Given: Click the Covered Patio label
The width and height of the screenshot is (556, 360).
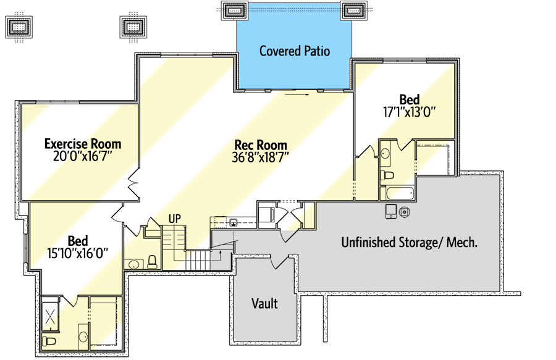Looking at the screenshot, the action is pyautogui.click(x=295, y=51).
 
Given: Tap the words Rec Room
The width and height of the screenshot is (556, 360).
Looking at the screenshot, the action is pyautogui.click(x=261, y=145).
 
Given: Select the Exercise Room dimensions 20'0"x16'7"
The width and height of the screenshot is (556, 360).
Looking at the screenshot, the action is pyautogui.click(x=83, y=156).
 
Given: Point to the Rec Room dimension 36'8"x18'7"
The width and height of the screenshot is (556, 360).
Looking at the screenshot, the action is pyautogui.click(x=261, y=157).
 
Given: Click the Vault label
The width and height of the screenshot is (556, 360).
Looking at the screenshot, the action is pyautogui.click(x=264, y=304).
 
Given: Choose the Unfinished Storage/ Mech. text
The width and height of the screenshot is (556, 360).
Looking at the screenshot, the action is pyautogui.click(x=409, y=242).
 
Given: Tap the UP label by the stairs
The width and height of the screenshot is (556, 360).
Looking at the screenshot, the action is pyautogui.click(x=174, y=219).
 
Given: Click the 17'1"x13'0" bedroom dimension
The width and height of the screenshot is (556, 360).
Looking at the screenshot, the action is pyautogui.click(x=409, y=112).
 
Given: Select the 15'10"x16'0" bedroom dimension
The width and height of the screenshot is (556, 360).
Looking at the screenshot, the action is pyautogui.click(x=78, y=253).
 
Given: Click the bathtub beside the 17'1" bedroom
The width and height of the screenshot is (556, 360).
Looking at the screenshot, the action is pyautogui.click(x=400, y=193).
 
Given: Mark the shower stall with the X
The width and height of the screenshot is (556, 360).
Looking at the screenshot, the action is pyautogui.click(x=50, y=315).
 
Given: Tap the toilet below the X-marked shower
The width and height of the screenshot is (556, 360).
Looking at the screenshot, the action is pyautogui.click(x=49, y=341).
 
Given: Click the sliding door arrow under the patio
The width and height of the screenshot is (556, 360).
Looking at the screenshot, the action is pyautogui.click(x=297, y=94).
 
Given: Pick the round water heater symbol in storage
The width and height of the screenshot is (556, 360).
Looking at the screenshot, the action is pyautogui.click(x=404, y=212).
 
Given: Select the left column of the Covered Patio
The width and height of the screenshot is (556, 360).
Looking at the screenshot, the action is pyautogui.click(x=234, y=10).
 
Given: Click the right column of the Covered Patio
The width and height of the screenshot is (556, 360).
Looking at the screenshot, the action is pyautogui.click(x=353, y=10).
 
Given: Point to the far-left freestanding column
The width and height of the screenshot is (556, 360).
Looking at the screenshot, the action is pyautogui.click(x=19, y=27).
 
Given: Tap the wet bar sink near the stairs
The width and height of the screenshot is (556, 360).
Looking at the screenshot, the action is pyautogui.click(x=234, y=222).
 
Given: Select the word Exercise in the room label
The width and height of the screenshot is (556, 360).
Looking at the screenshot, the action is pyautogui.click(x=65, y=144).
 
